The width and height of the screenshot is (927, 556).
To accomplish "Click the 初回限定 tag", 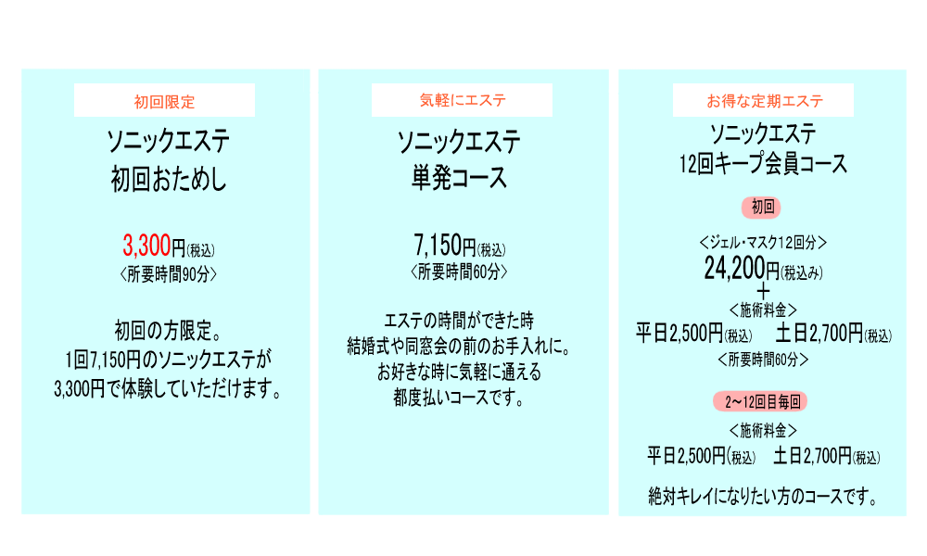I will click(x=164, y=100).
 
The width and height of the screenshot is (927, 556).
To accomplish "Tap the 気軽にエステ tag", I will click(x=462, y=100).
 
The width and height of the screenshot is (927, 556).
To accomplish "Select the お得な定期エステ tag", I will click(x=765, y=100).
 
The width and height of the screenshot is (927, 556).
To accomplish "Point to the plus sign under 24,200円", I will click(x=763, y=291).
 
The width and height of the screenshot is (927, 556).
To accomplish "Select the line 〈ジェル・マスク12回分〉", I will click(x=762, y=243).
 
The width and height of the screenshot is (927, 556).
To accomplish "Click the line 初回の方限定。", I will click(x=167, y=330).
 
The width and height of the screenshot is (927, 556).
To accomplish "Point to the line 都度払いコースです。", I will click(x=459, y=399).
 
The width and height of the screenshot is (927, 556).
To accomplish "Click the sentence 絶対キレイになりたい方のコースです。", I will click(x=762, y=497).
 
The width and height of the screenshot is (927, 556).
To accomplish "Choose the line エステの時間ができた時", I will click(x=459, y=322).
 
